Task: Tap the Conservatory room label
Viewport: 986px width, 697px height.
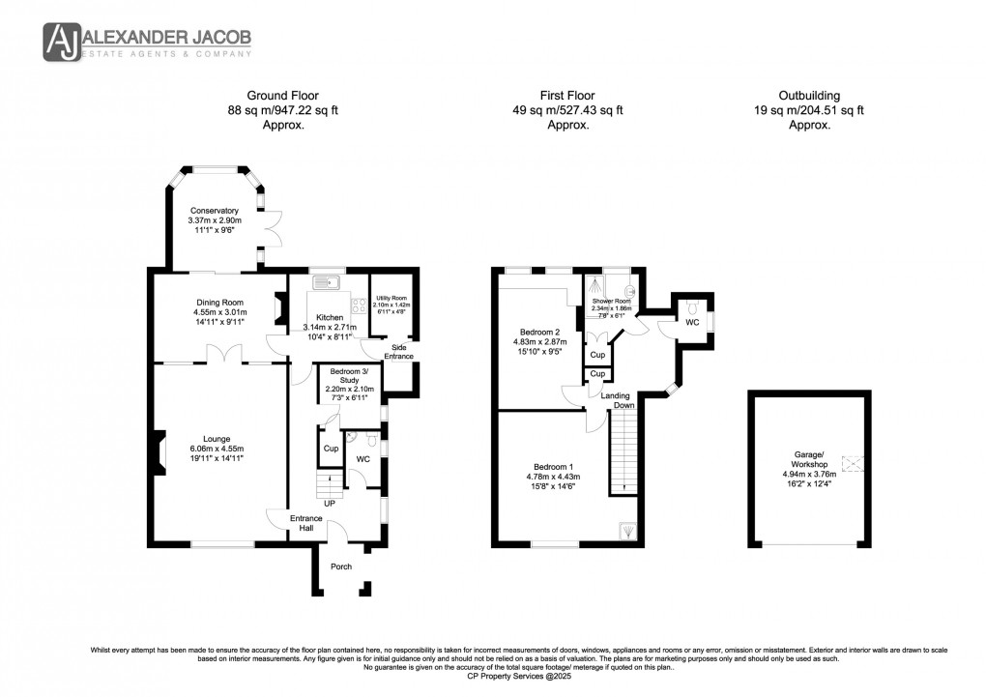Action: tap(214, 211)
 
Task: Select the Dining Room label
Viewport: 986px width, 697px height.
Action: tap(220, 303)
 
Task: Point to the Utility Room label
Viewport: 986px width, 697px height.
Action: tap(391, 299)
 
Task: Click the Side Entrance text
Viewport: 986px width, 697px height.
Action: tap(399, 351)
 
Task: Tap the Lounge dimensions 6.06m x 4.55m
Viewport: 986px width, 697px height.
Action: tap(217, 449)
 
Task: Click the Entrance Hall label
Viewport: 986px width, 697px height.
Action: tap(306, 524)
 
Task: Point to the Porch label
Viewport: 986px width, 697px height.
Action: tap(341, 566)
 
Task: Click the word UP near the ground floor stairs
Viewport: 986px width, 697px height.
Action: tap(329, 504)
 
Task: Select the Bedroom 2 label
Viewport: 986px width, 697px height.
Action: tap(536, 332)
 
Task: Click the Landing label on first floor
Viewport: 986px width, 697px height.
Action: tap(616, 395)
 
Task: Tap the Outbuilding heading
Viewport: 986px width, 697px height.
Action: tap(809, 96)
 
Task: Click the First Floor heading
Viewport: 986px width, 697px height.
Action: tap(566, 96)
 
